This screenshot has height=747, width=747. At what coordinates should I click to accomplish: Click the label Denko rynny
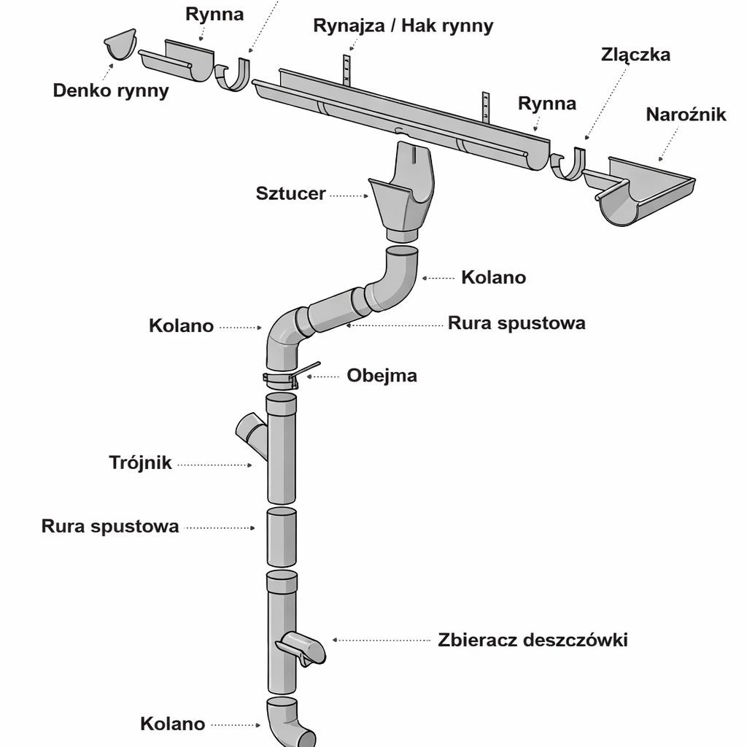[111, 90]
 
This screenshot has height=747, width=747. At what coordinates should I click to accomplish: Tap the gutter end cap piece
[120, 46]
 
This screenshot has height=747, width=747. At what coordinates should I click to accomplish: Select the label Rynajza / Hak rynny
[403, 26]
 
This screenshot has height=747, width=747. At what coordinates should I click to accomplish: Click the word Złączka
[635, 55]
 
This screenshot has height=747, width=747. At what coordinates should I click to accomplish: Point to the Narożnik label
[686, 115]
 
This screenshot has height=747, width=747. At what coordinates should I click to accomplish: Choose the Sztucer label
[290, 194]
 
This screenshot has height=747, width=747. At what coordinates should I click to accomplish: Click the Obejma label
[382, 376]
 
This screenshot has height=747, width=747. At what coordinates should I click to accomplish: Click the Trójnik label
[140, 462]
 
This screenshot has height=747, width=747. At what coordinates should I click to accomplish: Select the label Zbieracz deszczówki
[533, 640]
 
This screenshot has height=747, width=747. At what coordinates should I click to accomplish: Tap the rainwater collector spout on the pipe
[301, 649]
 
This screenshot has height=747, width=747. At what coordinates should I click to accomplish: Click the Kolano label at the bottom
[172, 724]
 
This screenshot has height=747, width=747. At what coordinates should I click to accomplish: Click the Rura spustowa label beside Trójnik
[110, 526]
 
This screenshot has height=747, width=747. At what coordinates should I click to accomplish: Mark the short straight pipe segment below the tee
[281, 538]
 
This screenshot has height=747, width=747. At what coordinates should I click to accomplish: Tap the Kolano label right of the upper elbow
[493, 277]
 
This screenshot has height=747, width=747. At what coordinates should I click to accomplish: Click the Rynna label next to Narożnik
[547, 104]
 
